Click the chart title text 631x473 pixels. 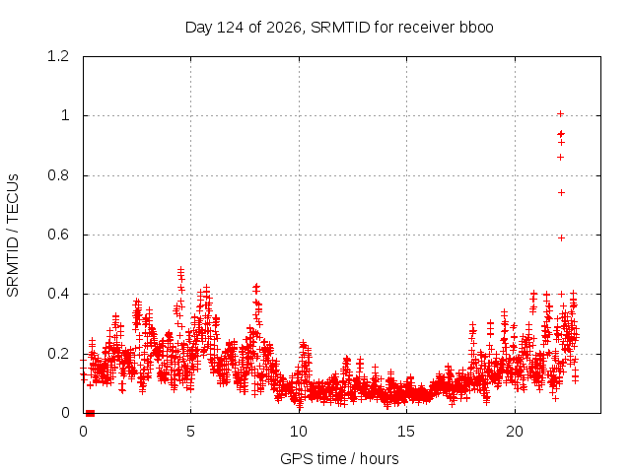pos(339,28)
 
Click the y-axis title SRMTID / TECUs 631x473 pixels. pos(13,236)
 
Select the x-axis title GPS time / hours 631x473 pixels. pos(339,458)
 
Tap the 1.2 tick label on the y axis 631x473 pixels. pos(58,56)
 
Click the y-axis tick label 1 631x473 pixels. pos(65,116)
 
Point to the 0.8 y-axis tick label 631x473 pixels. pos(58,175)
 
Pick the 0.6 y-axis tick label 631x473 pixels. pos(58,235)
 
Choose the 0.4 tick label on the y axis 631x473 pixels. pos(58,294)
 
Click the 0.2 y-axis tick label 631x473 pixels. pos(58,354)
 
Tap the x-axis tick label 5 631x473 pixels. pos(190,432)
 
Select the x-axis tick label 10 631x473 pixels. pos(299,432)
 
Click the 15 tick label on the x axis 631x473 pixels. pos(406,432)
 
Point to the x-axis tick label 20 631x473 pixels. pos(515,432)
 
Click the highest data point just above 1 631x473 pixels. pos(560,114)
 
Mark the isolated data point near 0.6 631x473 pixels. pos(561,238)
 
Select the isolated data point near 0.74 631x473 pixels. pos(561,193)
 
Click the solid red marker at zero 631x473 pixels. pos(90,413)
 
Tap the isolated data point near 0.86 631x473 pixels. pos(561,158)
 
